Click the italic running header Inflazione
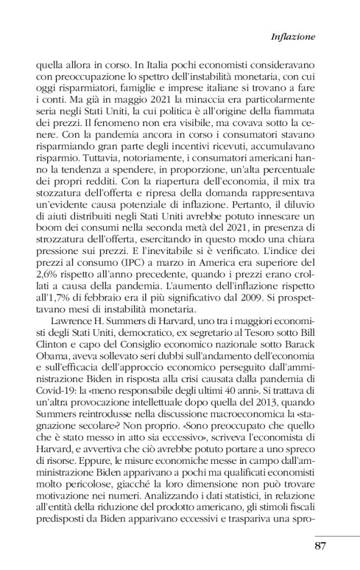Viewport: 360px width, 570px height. (293, 37)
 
